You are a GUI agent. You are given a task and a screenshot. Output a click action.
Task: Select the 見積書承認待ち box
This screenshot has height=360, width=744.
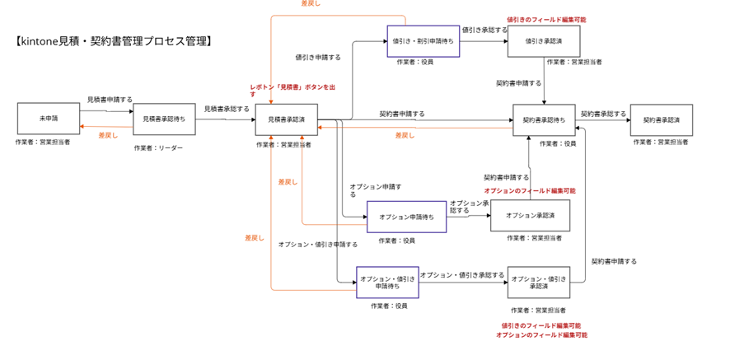tap(164, 119)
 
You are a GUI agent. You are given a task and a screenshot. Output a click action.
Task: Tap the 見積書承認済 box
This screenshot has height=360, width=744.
tap(287, 119)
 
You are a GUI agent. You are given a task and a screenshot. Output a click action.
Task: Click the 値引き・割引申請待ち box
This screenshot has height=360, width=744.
tap(423, 40)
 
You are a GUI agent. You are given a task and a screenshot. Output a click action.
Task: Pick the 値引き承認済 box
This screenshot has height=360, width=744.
tap(545, 40)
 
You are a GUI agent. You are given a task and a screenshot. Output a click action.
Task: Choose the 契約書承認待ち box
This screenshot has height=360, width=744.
tap(545, 120)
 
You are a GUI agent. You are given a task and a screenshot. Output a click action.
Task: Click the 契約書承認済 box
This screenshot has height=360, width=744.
tap(662, 120)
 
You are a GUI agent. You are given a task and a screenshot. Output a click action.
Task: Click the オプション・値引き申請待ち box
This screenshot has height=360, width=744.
tap(387, 283)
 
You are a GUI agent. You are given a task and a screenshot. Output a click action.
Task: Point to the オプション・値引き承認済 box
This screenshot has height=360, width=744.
tap(539, 283)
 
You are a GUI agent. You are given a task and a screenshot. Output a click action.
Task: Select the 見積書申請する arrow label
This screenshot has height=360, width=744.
tap(110, 99)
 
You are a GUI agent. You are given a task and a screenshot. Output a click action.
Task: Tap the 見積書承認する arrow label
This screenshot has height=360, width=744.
tap(227, 108)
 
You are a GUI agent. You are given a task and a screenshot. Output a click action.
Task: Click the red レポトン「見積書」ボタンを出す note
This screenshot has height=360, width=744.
tap(293, 90)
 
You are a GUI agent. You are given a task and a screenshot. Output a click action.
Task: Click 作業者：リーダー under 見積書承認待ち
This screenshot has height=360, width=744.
tap(158, 148)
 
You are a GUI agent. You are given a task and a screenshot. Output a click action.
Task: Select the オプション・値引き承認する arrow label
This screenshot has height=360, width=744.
tap(461, 275)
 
